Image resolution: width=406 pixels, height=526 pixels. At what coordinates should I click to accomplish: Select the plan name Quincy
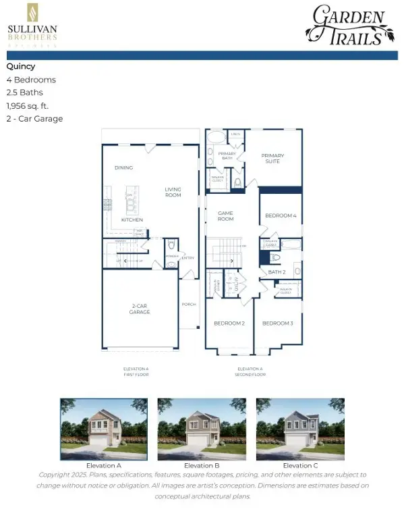tap(21, 67)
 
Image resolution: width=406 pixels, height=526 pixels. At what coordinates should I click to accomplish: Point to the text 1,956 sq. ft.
tap(28, 106)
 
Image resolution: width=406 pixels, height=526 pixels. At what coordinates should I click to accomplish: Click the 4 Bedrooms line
tap(31, 80)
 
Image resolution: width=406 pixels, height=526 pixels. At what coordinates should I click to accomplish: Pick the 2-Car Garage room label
tap(140, 309)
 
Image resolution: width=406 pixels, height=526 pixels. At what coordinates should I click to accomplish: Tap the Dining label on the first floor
tap(123, 167)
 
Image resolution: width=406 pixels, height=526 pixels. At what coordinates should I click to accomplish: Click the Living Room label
tap(173, 193)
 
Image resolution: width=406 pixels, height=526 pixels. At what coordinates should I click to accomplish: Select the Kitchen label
tap(132, 220)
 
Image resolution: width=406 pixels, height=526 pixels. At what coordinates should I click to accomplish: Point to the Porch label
tap(189, 305)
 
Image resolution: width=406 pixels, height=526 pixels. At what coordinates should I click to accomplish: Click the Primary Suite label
tap(273, 159)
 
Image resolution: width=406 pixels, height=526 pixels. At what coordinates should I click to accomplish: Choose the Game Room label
tap(225, 216)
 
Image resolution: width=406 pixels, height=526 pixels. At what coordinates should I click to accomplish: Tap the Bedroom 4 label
tap(280, 215)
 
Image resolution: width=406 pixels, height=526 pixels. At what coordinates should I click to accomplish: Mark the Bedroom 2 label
tap(229, 323)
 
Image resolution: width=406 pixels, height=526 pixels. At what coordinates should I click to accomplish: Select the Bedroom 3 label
tap(277, 323)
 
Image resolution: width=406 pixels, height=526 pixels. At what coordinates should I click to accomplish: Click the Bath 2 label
tap(277, 271)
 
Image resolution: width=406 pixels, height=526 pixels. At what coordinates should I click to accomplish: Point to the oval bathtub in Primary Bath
tap(217, 137)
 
